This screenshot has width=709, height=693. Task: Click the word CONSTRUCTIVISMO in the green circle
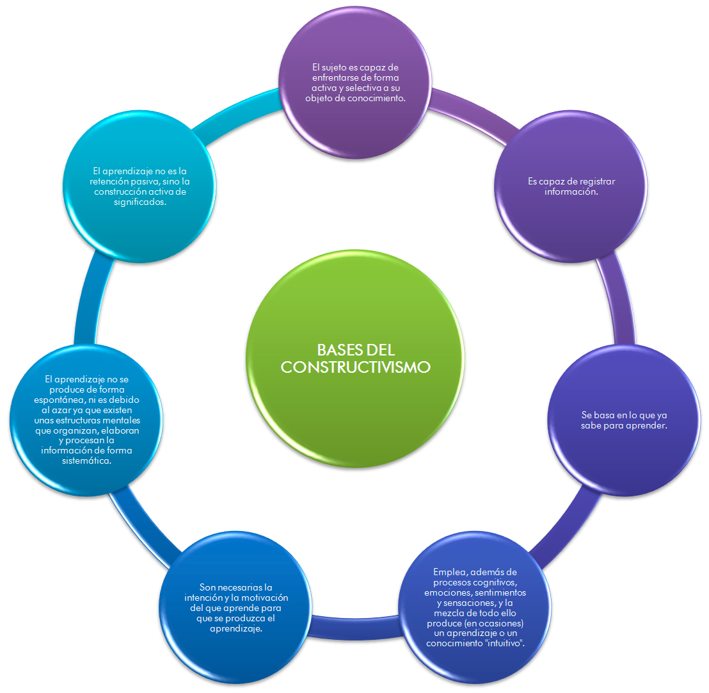click(356, 367)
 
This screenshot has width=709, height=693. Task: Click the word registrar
click(596, 181)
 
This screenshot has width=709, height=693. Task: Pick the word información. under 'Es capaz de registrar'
click(571, 191)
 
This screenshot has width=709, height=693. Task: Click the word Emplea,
click(453, 571)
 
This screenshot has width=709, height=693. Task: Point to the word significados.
click(139, 202)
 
